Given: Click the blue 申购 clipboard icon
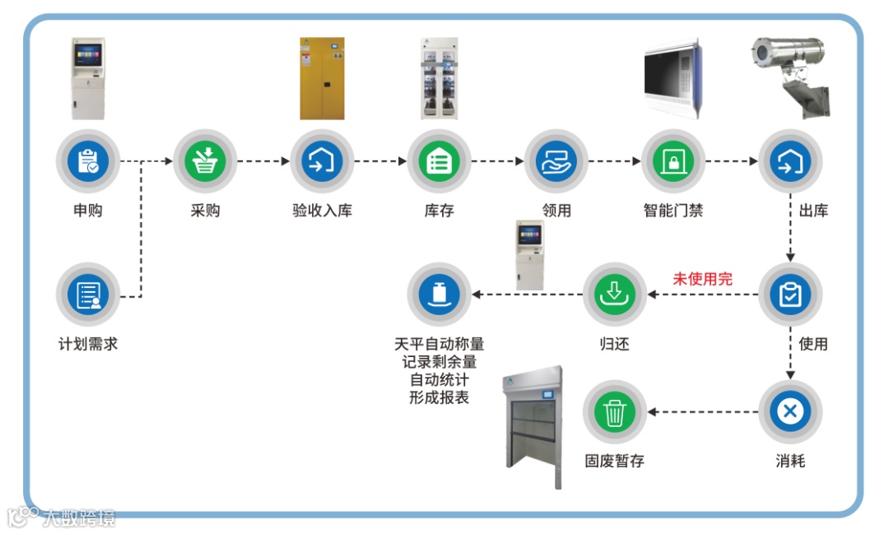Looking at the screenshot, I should point(87,162).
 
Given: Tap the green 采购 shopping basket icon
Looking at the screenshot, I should point(204,162).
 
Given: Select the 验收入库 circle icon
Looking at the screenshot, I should point(322,162).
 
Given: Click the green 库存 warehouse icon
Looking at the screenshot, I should point(439,162).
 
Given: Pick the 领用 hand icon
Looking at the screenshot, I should point(556,162).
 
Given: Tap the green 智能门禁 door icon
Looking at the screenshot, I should point(673,162).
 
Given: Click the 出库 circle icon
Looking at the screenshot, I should point(790,162).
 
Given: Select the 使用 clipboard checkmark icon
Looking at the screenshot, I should point(790,295).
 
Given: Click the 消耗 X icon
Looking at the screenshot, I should point(790,411).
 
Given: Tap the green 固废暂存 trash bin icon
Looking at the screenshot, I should point(614,411).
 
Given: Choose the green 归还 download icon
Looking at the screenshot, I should point(614,295).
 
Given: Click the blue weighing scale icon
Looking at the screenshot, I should point(439,295).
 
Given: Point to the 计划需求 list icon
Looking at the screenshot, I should point(87,295).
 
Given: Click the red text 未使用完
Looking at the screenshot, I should point(702,279).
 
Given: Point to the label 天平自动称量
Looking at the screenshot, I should point(439,344).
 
